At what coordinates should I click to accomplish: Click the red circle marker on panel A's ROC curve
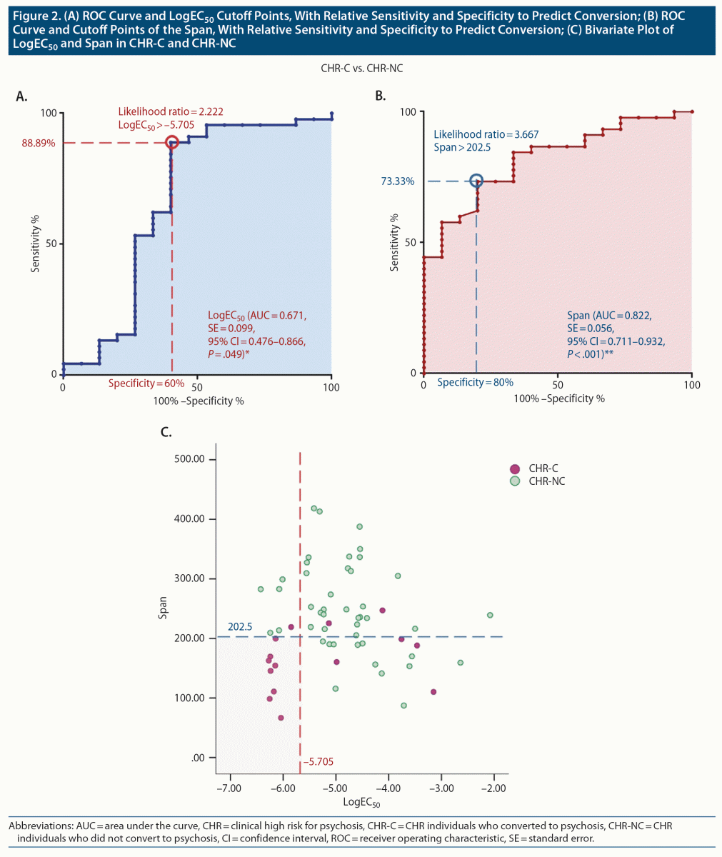(x=171, y=143)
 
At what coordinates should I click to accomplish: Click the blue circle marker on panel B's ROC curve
(x=476, y=181)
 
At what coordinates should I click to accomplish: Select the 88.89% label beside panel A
(x=39, y=143)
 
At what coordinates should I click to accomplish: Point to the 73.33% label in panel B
(x=397, y=181)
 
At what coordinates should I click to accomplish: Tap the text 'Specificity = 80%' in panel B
(x=475, y=383)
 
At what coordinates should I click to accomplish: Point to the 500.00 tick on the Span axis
(x=189, y=459)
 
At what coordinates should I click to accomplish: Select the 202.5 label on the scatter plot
(x=240, y=627)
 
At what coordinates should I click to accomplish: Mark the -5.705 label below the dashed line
(x=318, y=762)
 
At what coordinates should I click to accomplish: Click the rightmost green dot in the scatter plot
(x=490, y=615)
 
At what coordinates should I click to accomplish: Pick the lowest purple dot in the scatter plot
(x=281, y=718)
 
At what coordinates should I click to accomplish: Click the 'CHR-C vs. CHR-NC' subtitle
(x=360, y=69)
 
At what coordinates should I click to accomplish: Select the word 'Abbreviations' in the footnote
(x=36, y=826)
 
